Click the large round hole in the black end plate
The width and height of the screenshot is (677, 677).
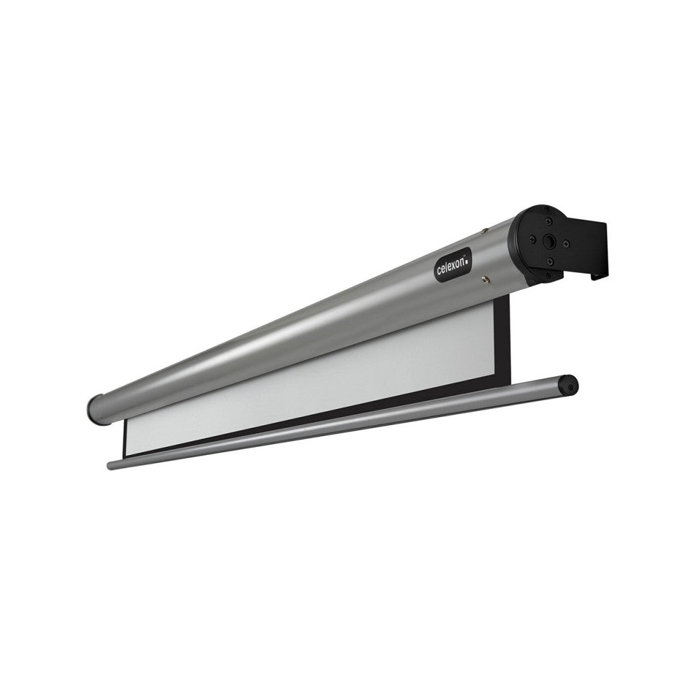[550, 241]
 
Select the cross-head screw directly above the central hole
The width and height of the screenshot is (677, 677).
[549, 222]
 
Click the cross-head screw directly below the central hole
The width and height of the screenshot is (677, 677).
[549, 261]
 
